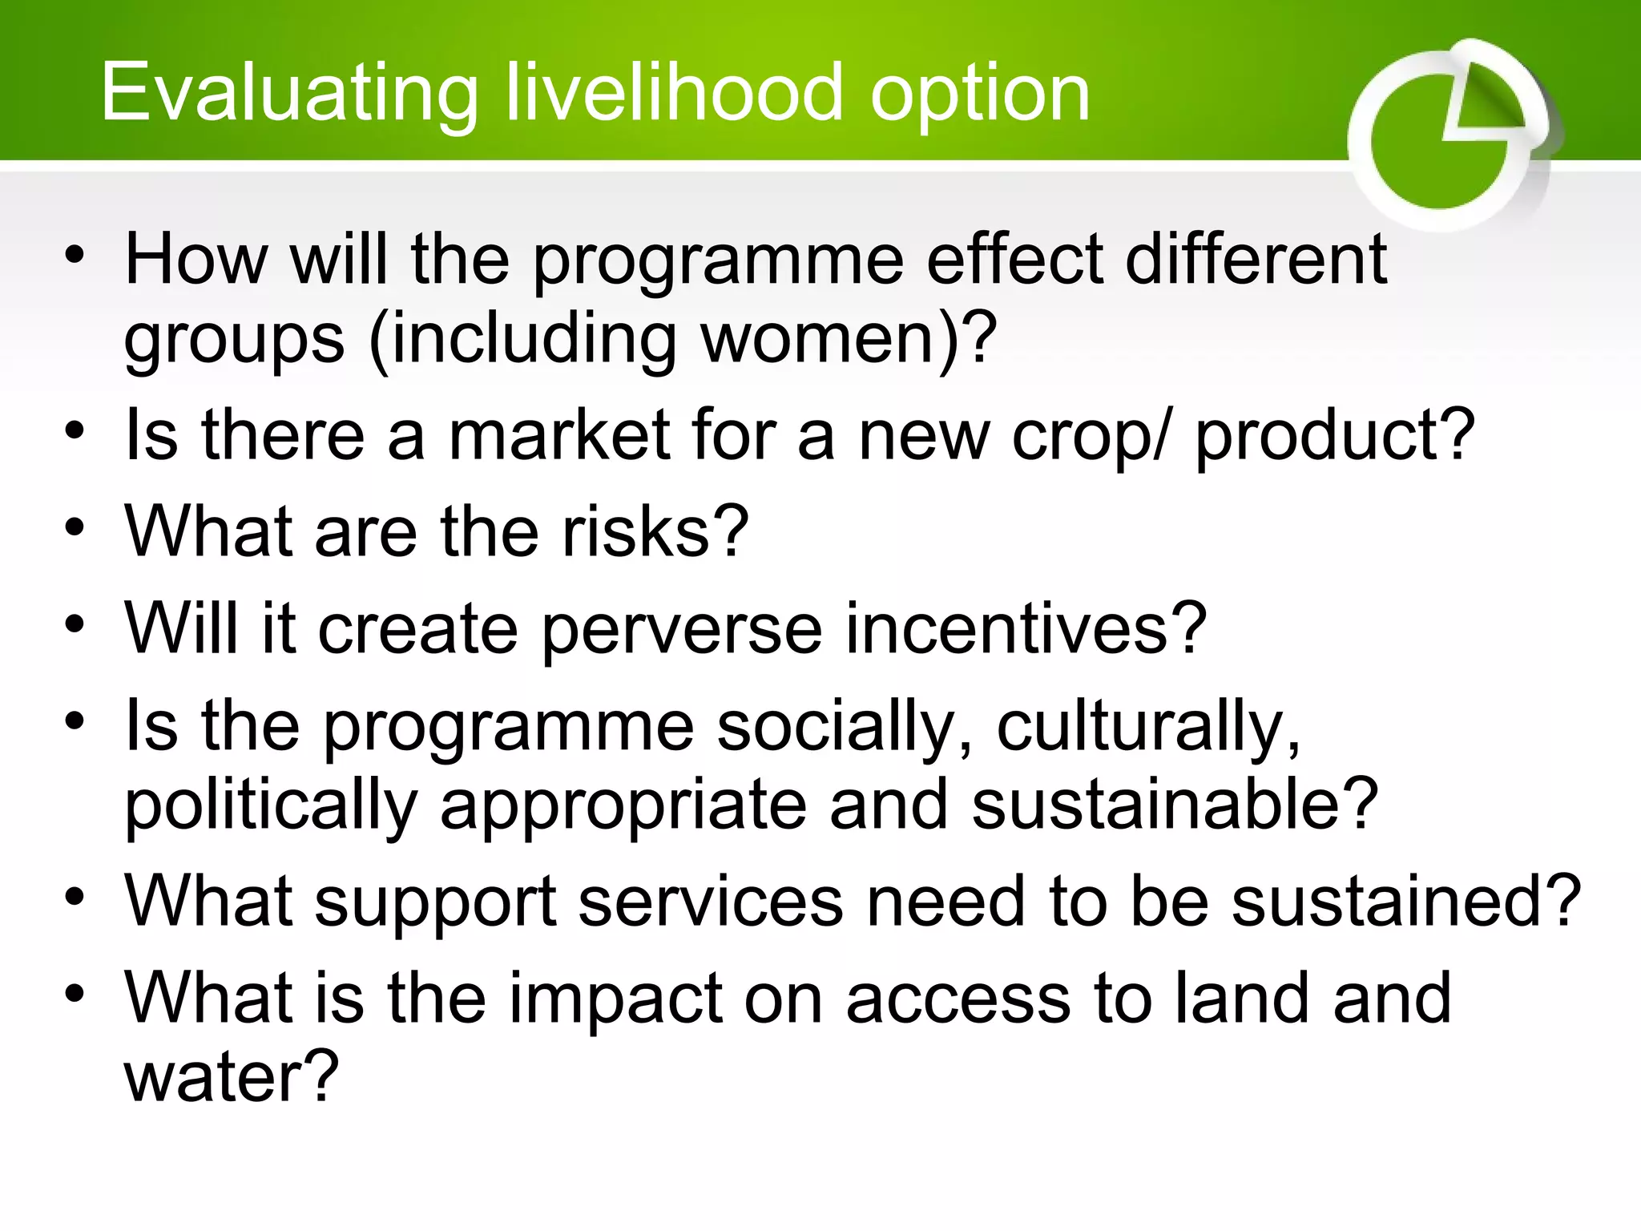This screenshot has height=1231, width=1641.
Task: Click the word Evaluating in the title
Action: click(x=289, y=94)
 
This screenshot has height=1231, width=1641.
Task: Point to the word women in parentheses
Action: click(x=817, y=337)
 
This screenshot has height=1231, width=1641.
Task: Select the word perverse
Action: click(x=682, y=630)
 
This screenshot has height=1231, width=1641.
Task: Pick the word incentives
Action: click(x=1013, y=628)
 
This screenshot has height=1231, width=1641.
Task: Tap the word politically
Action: click(x=271, y=806)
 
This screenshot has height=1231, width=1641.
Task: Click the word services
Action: click(x=711, y=902)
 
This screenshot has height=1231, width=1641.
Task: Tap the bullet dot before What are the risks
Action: click(x=75, y=529)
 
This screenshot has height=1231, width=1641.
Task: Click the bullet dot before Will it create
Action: click(x=75, y=625)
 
